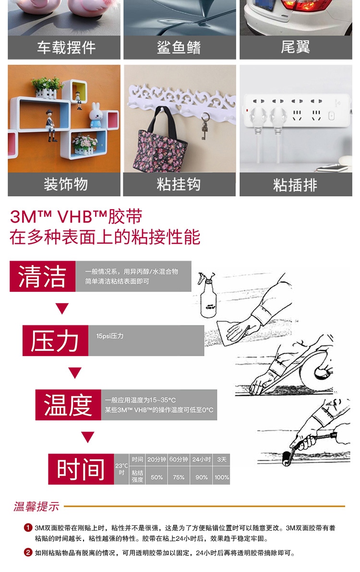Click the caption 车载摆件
point(66,48)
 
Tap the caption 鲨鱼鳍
point(179,48)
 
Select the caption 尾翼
point(296,47)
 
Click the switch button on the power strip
point(331,116)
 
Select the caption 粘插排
point(296,185)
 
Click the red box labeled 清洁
point(42,276)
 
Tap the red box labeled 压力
point(55,340)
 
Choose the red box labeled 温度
point(68,405)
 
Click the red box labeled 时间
point(81,469)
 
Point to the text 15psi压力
point(110,336)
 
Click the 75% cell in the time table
point(179,477)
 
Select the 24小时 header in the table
point(201,459)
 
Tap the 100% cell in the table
point(222,477)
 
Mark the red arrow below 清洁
point(62,309)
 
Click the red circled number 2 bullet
point(28,552)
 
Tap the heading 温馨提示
point(36,506)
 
